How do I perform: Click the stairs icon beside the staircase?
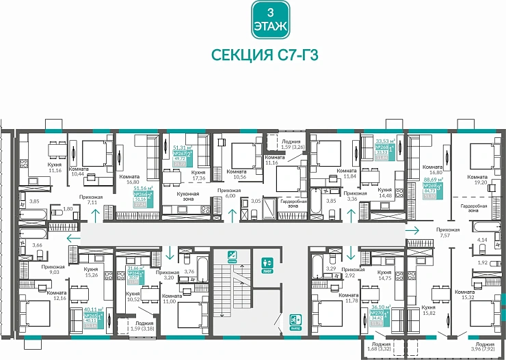pos(233,257)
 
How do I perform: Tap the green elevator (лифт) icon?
pos(267,262)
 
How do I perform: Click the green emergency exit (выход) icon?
pos(295,320)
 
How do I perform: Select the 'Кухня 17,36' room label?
pos(199,176)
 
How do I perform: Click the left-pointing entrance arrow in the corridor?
pos(70,238)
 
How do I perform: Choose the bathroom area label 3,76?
pos(189,271)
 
